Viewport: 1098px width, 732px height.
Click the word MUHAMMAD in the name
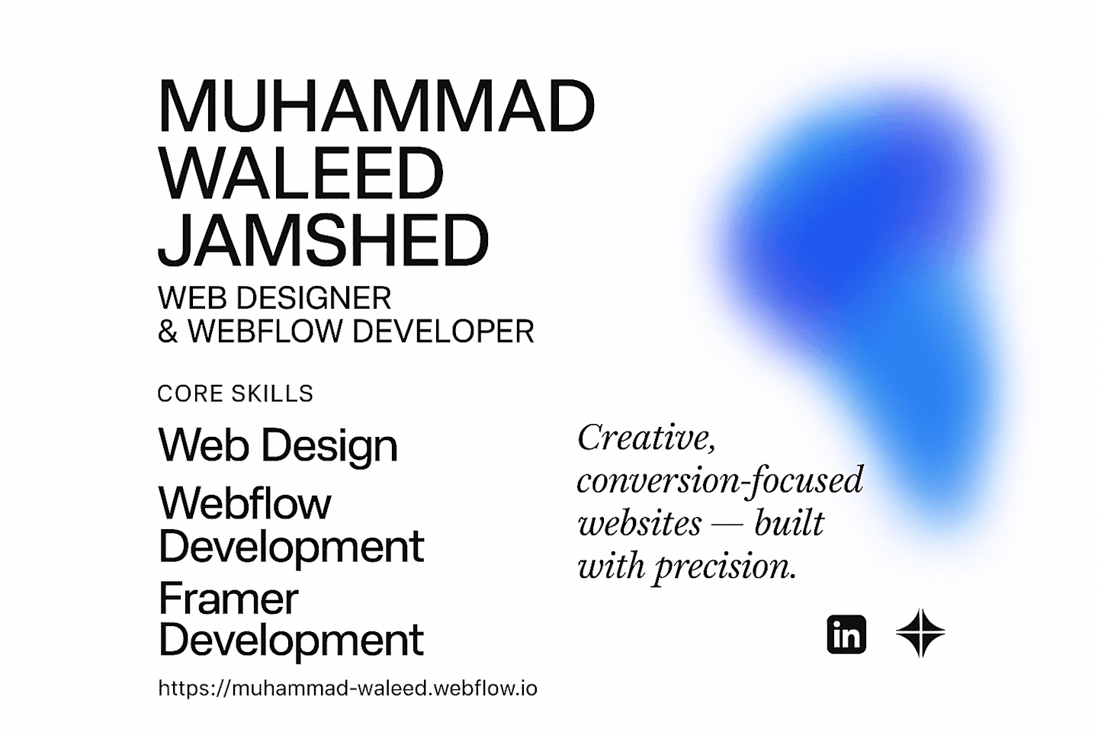[377, 106]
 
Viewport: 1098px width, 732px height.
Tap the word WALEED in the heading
[301, 173]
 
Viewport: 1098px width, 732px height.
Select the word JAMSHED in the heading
[323, 240]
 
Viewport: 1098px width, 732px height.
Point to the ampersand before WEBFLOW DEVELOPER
[168, 331]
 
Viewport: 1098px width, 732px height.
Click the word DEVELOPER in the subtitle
[443, 331]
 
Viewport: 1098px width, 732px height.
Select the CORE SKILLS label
[236, 393]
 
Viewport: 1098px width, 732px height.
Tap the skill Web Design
[278, 445]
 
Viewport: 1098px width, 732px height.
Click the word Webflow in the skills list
[245, 503]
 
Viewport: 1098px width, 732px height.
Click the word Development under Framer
[291, 640]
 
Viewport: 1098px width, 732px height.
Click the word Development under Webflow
[291, 547]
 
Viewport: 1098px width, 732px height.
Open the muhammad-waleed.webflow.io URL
[348, 689]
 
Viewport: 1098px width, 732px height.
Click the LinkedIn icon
[846, 634]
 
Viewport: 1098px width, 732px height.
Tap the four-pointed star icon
[920, 633]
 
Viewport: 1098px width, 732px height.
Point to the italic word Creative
[647, 438]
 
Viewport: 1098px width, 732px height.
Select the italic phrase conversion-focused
[720, 481]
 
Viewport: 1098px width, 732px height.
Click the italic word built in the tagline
[789, 522]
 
